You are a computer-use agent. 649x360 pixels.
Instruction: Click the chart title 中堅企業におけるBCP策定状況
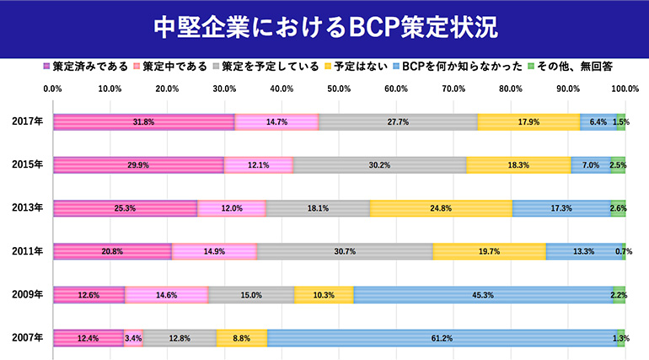point(324,27)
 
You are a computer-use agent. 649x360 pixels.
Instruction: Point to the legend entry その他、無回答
point(574,66)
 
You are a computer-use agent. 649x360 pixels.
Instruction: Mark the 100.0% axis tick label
point(625,88)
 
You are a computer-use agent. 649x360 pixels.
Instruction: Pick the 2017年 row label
point(27,121)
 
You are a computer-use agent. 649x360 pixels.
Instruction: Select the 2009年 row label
point(27,294)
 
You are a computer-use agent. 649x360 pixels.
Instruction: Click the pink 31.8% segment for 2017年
point(143,121)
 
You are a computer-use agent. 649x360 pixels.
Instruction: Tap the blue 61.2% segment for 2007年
point(442,338)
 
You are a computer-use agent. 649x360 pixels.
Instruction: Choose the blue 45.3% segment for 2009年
point(484,294)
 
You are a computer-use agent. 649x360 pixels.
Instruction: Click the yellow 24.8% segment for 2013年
point(441,207)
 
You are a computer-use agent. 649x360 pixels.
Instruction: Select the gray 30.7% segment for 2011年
point(345,251)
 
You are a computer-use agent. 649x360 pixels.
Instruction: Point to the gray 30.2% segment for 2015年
point(379,164)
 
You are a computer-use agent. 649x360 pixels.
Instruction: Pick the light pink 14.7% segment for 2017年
point(276,121)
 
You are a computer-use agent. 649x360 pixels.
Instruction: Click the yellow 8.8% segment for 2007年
point(242,338)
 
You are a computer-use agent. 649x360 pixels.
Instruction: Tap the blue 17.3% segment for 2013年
point(560,207)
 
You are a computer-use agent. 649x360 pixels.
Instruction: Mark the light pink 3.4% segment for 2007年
point(133,338)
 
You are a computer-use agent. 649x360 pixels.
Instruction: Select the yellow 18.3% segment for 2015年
point(518,164)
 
